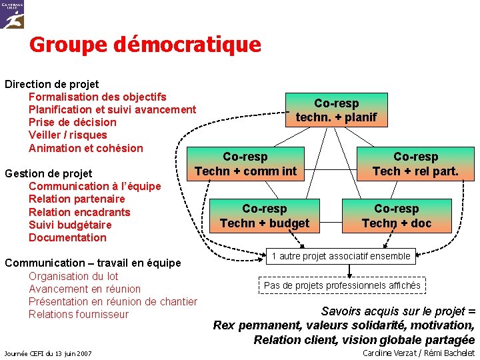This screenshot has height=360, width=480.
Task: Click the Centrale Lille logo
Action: (x=13, y=14)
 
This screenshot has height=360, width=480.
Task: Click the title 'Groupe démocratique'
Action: (x=145, y=45)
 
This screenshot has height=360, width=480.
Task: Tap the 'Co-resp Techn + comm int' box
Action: (x=245, y=164)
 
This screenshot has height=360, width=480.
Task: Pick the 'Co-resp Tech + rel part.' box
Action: (x=415, y=164)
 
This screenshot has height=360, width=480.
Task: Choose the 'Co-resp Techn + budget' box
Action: (x=265, y=216)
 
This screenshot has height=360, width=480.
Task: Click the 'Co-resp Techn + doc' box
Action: (x=397, y=216)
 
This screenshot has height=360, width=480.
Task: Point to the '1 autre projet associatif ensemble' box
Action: (x=341, y=256)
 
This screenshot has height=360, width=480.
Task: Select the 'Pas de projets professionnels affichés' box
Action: (x=342, y=285)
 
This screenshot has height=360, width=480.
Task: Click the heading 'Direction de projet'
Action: (x=52, y=84)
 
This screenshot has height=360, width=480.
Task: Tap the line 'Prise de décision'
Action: (x=72, y=122)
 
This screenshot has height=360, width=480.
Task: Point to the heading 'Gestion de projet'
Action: (x=49, y=173)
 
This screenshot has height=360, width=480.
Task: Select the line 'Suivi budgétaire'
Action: (x=70, y=225)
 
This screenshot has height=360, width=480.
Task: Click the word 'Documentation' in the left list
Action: (x=67, y=237)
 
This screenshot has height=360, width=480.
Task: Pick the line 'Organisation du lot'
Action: (x=73, y=276)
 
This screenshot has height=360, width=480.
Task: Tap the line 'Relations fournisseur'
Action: (x=79, y=314)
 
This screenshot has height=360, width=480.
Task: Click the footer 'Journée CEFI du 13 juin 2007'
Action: (x=48, y=353)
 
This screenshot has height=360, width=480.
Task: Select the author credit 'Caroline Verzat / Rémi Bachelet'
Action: (x=418, y=352)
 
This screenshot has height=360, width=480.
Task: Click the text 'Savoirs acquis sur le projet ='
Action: (x=398, y=311)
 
